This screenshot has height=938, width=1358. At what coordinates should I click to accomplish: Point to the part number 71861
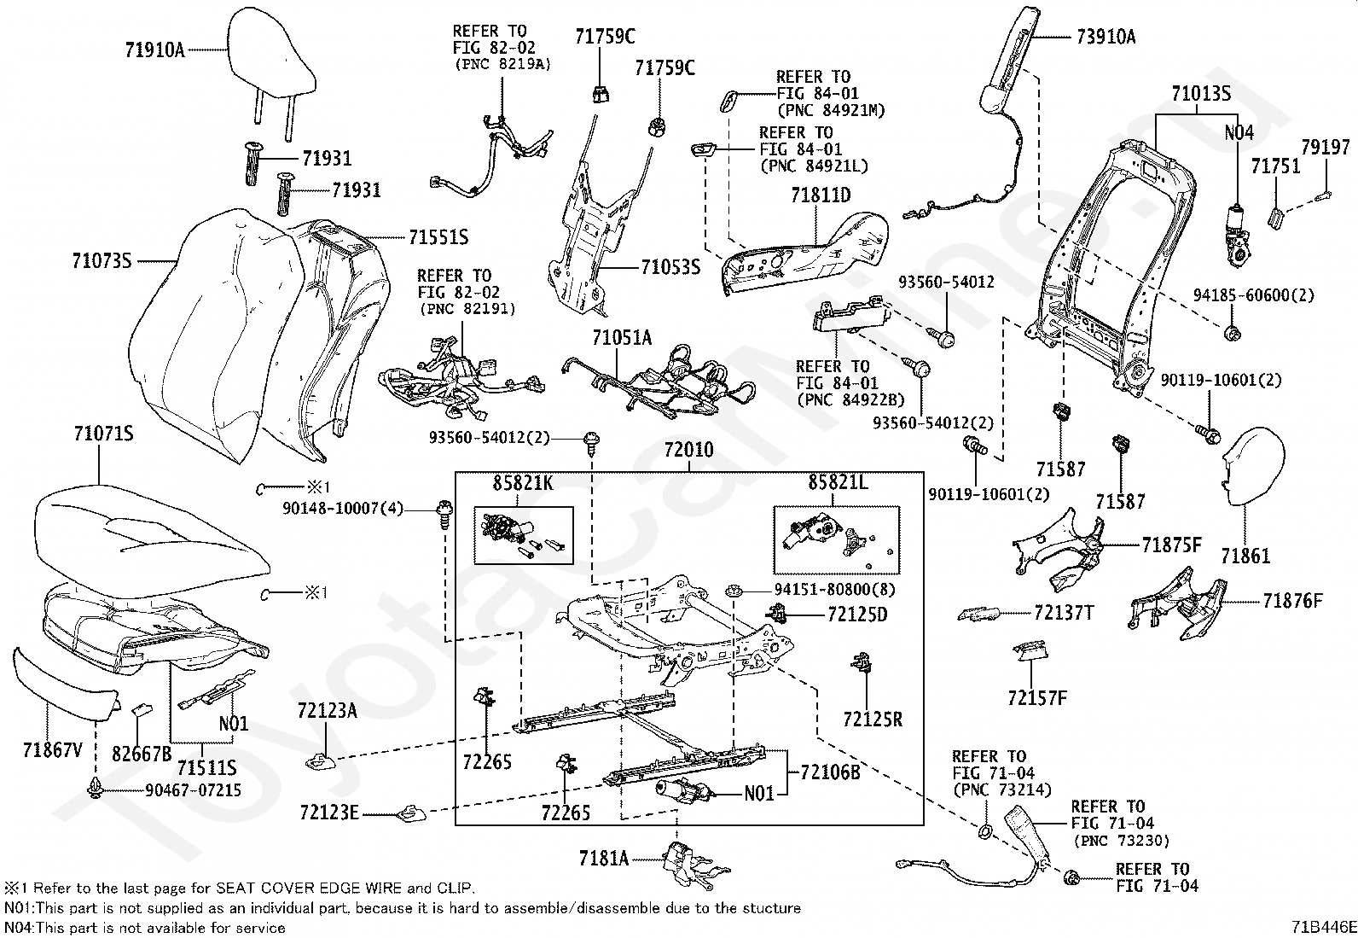point(1245,556)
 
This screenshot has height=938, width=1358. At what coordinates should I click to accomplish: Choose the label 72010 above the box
point(689,450)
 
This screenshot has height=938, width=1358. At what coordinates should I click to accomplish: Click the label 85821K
point(523,483)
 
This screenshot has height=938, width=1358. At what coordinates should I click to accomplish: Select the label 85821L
point(838,483)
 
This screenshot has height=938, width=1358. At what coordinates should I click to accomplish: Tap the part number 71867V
point(53,750)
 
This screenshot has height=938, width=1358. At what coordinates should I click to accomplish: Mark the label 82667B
point(142,753)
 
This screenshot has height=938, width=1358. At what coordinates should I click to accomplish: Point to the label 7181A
point(603,858)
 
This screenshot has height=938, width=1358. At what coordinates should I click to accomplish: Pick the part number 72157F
point(1036,698)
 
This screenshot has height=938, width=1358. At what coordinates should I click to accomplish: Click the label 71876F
point(1292,602)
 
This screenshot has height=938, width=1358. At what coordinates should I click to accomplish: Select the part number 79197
point(1326,147)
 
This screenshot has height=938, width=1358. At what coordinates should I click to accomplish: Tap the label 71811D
point(820,195)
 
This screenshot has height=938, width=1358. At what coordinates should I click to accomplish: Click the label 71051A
point(622,338)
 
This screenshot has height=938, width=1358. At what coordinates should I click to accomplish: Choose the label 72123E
point(329,811)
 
